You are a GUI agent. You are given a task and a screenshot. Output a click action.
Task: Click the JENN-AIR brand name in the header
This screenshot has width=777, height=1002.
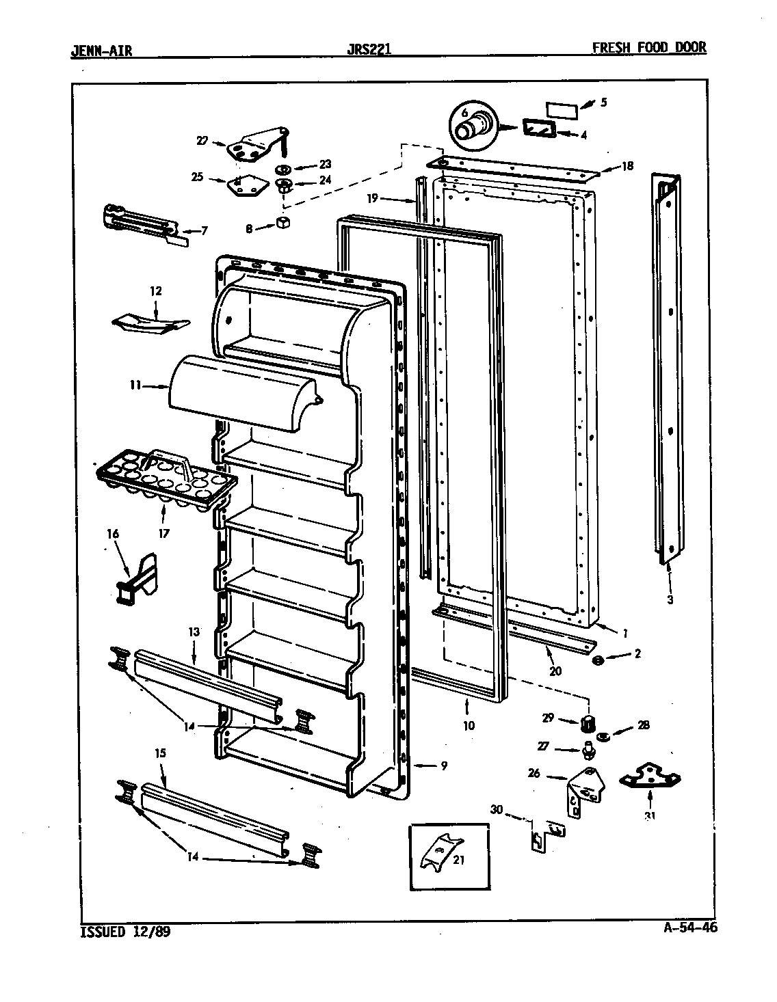(101, 49)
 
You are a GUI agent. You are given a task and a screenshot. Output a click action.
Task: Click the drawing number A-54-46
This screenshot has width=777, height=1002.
(690, 927)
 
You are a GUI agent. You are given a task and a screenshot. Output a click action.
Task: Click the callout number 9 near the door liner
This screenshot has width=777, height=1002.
(444, 766)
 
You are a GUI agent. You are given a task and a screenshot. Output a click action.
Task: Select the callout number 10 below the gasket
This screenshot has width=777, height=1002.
(469, 726)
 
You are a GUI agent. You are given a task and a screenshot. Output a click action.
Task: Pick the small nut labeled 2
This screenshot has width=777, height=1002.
(597, 660)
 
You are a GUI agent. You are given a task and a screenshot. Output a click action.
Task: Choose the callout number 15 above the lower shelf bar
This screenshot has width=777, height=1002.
(160, 753)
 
